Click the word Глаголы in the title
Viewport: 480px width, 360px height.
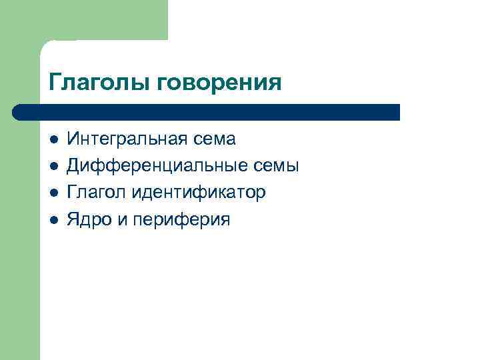(100, 83)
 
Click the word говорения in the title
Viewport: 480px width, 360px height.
(219, 83)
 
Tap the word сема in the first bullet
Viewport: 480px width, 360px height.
(214, 139)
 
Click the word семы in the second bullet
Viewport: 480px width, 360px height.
(277, 167)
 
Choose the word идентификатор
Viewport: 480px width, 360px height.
(199, 193)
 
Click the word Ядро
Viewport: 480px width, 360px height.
(88, 219)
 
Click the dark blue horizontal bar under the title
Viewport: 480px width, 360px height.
(207, 111)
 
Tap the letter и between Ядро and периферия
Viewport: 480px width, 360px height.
(121, 220)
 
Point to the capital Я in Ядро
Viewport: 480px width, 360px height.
(73, 219)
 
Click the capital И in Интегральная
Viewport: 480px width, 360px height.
(73, 139)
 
